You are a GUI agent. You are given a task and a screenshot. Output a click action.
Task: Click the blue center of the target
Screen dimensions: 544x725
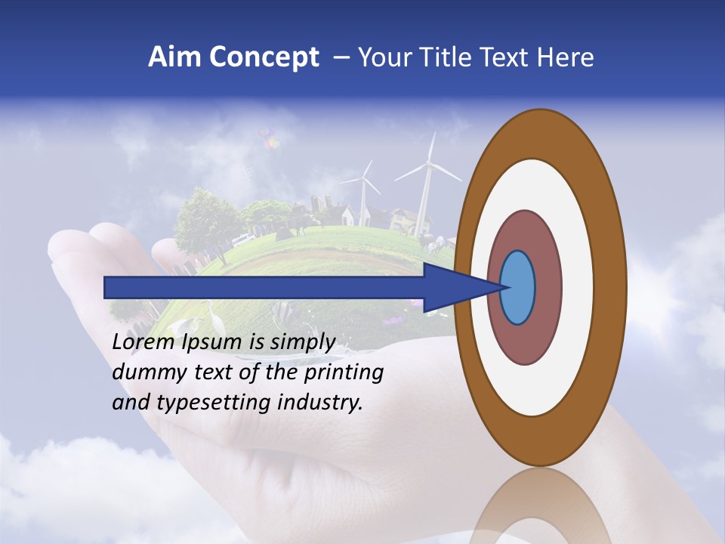pos(517,288)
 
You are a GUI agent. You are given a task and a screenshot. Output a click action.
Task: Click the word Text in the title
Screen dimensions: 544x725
pos(505,57)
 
